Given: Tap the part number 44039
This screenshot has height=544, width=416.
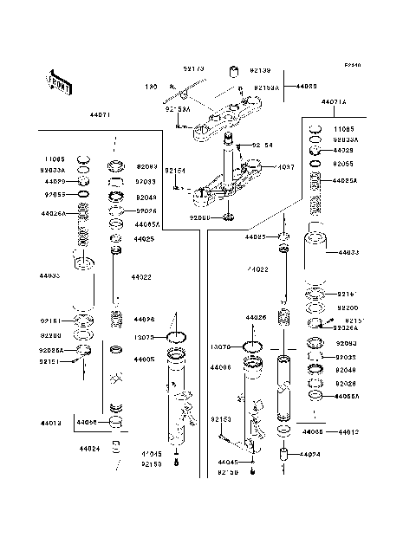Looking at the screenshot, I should [308, 87].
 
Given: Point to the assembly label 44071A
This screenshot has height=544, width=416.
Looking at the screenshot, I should [334, 102].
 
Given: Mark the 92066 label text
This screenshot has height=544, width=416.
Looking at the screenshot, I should [200, 219].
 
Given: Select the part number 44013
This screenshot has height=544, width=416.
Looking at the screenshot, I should [50, 424].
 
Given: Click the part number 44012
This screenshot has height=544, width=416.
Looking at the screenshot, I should [349, 431].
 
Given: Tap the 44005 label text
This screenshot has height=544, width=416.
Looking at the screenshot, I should [146, 359].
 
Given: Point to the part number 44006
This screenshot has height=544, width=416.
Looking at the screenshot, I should [220, 367].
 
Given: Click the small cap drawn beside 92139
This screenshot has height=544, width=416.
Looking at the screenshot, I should [233, 71].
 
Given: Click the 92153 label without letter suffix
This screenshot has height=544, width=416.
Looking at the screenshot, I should [220, 418].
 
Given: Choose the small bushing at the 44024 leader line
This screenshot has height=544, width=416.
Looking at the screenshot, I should [283, 455].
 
